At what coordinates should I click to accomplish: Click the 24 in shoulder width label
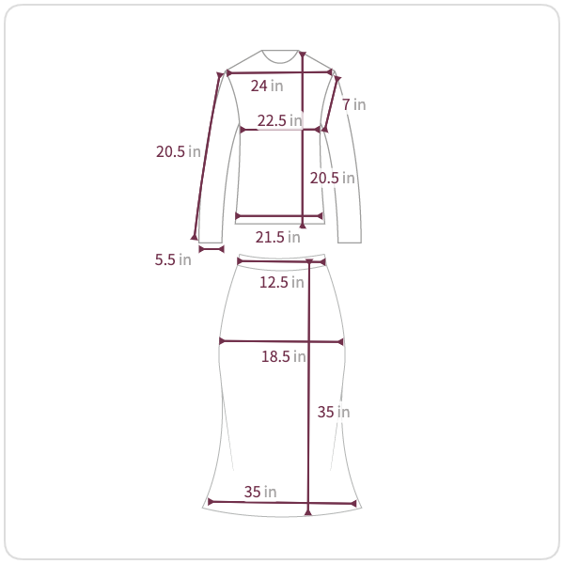tap(267, 86)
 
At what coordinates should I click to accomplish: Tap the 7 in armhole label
tap(354, 104)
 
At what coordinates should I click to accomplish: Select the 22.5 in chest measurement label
tap(280, 120)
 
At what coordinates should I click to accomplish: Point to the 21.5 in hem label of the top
tap(277, 238)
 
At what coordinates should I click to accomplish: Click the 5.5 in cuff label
tap(173, 259)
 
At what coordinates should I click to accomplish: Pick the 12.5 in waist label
tap(282, 282)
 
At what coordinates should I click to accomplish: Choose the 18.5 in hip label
tap(284, 356)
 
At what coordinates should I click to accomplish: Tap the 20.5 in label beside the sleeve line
tap(179, 151)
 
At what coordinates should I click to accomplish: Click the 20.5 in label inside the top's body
tap(333, 178)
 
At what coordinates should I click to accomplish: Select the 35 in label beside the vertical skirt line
tap(334, 413)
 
